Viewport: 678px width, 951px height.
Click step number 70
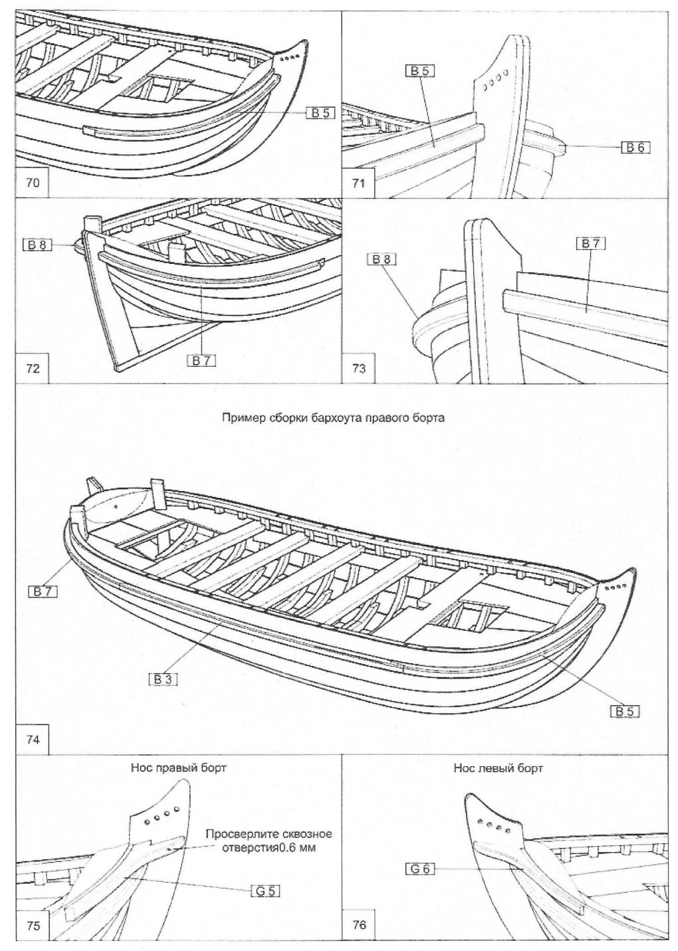(32, 183)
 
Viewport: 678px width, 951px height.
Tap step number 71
(358, 183)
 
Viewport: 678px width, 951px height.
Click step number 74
(32, 739)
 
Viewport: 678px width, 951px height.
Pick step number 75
(32, 926)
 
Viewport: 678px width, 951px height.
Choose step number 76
(358, 926)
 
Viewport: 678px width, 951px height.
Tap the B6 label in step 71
(635, 148)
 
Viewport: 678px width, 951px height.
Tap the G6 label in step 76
(420, 868)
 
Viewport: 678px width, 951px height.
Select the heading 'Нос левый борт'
(497, 768)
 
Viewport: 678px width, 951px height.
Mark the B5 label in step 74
(625, 711)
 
